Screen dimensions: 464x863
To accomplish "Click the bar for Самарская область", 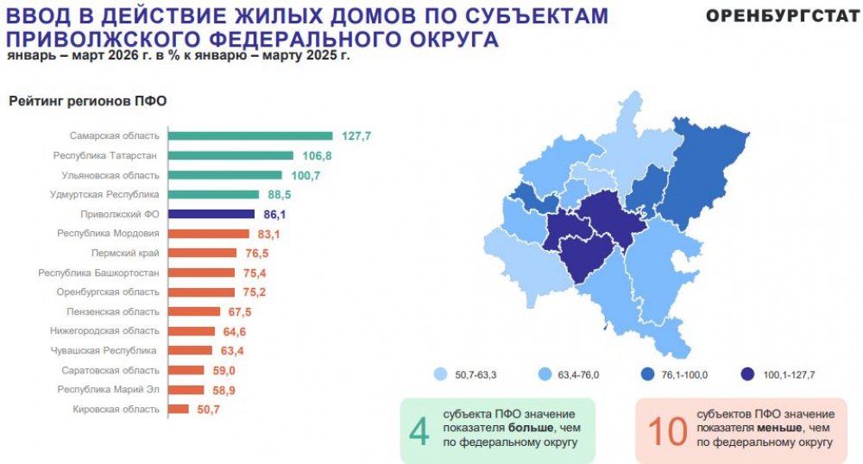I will click(x=249, y=135).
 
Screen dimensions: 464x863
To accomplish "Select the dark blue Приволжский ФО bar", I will click(x=211, y=214).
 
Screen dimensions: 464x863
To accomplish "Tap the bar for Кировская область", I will click(x=178, y=409).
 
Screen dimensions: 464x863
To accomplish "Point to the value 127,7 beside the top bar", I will click(x=356, y=136).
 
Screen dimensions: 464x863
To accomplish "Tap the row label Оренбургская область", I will click(x=108, y=292).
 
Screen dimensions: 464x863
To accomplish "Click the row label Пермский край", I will click(x=125, y=253).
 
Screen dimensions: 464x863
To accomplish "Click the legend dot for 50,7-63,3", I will click(x=440, y=375).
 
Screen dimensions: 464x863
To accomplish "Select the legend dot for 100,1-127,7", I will click(x=746, y=375).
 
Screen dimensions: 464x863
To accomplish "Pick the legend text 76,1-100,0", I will click(x=686, y=375).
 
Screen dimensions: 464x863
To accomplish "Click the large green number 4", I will click(x=419, y=430).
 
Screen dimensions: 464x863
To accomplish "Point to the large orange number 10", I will click(x=666, y=430).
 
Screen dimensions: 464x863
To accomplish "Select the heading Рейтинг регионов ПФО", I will click(x=87, y=101).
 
